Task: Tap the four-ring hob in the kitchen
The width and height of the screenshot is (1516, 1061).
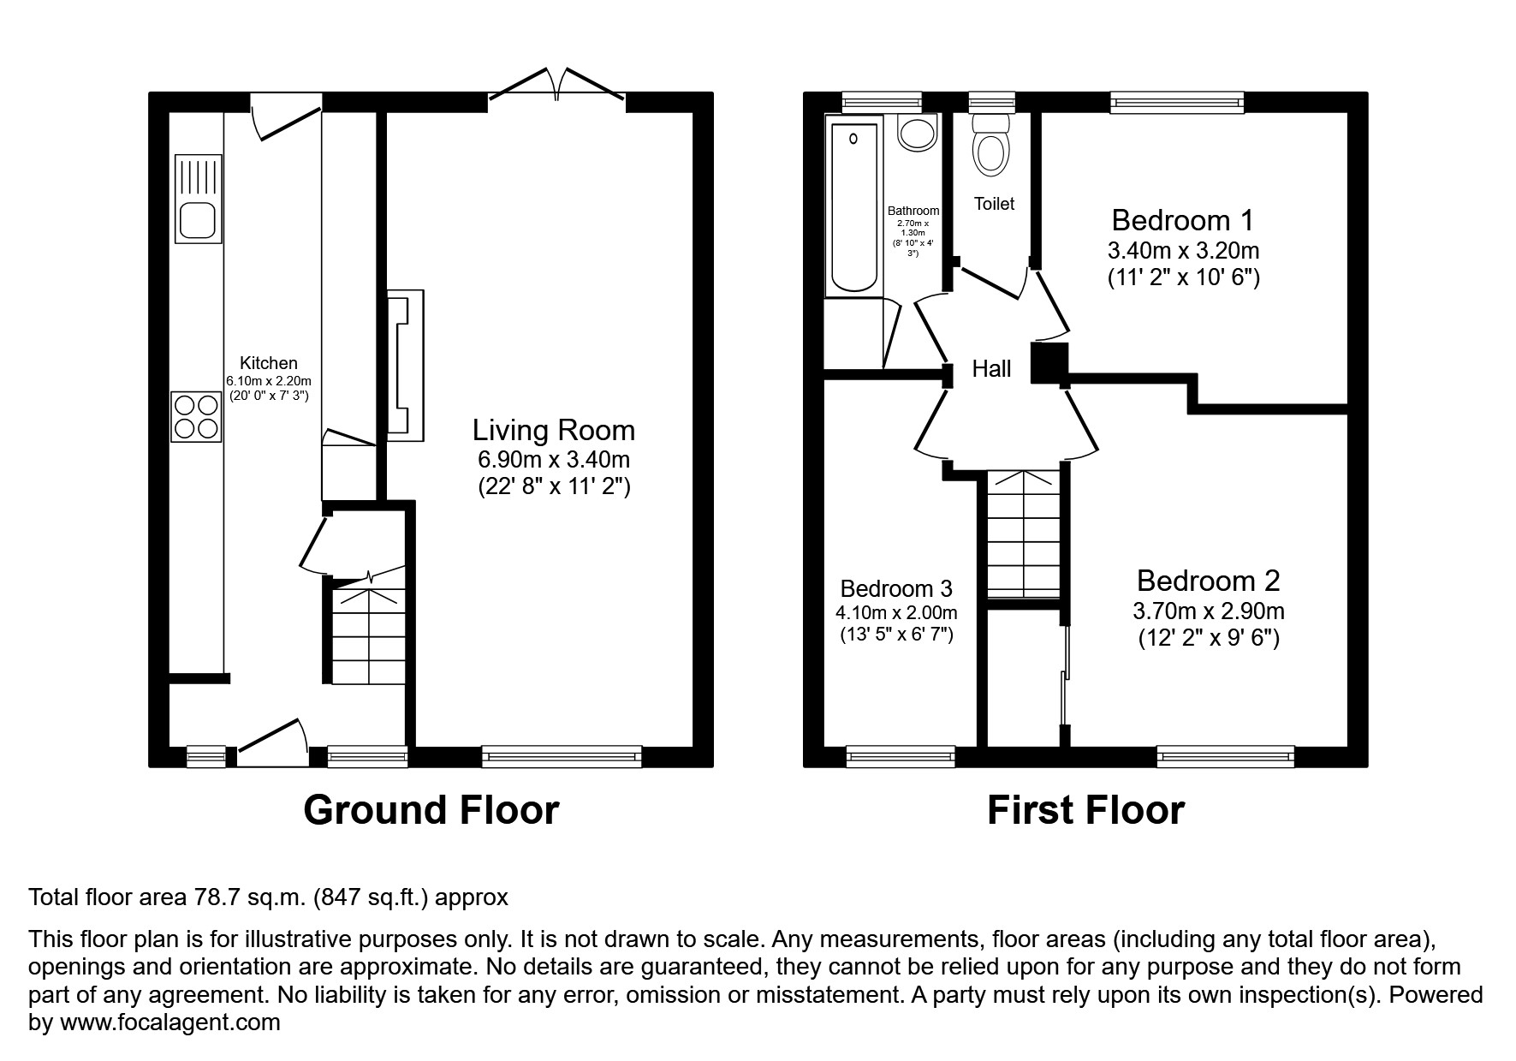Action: [197, 416]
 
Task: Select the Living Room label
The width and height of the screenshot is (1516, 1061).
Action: [554, 430]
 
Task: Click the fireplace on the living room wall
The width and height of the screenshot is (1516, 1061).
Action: [406, 365]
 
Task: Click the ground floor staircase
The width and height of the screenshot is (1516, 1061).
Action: [367, 634]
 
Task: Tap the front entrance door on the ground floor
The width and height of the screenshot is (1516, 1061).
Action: [272, 742]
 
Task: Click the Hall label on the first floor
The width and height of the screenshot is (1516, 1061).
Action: [991, 369]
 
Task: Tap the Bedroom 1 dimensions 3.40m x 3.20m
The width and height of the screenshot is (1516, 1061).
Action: [1183, 251]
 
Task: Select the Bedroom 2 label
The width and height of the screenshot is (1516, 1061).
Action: [1208, 581]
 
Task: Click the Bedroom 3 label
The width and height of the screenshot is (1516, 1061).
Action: [895, 588]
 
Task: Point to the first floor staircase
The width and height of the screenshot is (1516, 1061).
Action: [1023, 535]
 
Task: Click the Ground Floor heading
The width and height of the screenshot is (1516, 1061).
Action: [431, 810]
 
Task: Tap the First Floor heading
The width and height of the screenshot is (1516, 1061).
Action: [1085, 810]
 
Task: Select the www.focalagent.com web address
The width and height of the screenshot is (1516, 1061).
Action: [169, 1022]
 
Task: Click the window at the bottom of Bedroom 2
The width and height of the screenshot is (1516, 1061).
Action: [1225, 756]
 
